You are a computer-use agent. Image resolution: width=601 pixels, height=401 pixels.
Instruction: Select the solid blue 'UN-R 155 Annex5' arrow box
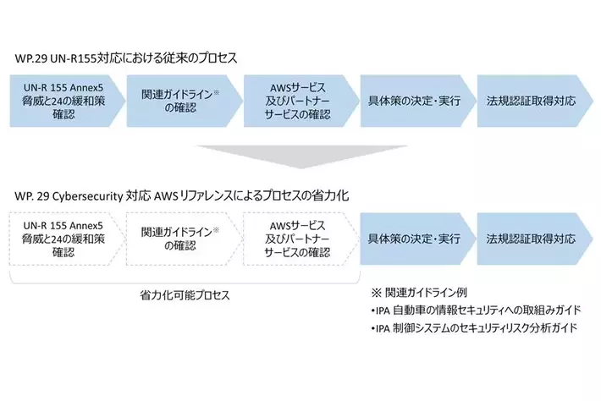[61, 101]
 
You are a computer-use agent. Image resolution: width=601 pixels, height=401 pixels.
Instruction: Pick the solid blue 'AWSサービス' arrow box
[296, 101]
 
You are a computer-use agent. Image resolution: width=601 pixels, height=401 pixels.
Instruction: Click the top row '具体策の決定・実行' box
[413, 101]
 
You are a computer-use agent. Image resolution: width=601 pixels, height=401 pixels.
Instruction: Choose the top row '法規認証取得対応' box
[531, 101]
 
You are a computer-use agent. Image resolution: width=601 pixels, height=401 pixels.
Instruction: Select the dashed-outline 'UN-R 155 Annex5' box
[61, 239]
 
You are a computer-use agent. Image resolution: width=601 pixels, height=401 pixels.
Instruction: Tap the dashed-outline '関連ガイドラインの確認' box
[179, 239]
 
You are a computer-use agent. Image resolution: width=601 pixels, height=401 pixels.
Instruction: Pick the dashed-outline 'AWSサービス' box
[296, 239]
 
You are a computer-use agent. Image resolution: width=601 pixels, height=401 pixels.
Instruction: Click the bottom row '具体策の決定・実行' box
[413, 239]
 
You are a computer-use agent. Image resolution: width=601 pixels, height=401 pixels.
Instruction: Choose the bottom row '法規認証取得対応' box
[531, 239]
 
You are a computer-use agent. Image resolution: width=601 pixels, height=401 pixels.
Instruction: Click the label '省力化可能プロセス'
[185, 297]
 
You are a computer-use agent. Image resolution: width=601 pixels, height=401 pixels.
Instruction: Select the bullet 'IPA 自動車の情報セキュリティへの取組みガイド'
[471, 310]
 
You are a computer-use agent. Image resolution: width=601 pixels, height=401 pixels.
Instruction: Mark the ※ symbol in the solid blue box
[216, 87]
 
